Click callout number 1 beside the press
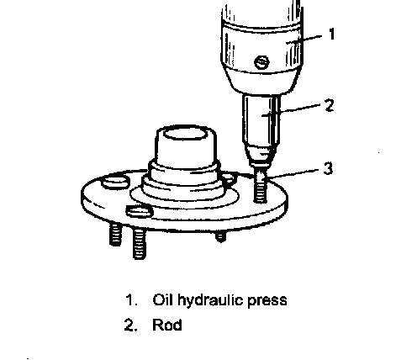coord(332,34)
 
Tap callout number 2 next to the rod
coord(330,105)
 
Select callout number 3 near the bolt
coord(328,168)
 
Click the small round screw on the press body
coord(261,61)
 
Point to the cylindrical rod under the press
coord(261,119)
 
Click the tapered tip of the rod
coord(261,157)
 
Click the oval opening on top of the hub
coord(185,134)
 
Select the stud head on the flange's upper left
coord(115,183)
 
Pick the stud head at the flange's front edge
coord(140,212)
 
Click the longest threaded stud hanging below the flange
coord(140,243)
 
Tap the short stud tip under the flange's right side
coord(220,236)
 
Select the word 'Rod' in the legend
coord(167,325)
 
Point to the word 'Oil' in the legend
coord(164,299)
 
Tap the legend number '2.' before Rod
coord(130,325)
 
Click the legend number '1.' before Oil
coord(131,299)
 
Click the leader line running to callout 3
coord(292,173)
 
